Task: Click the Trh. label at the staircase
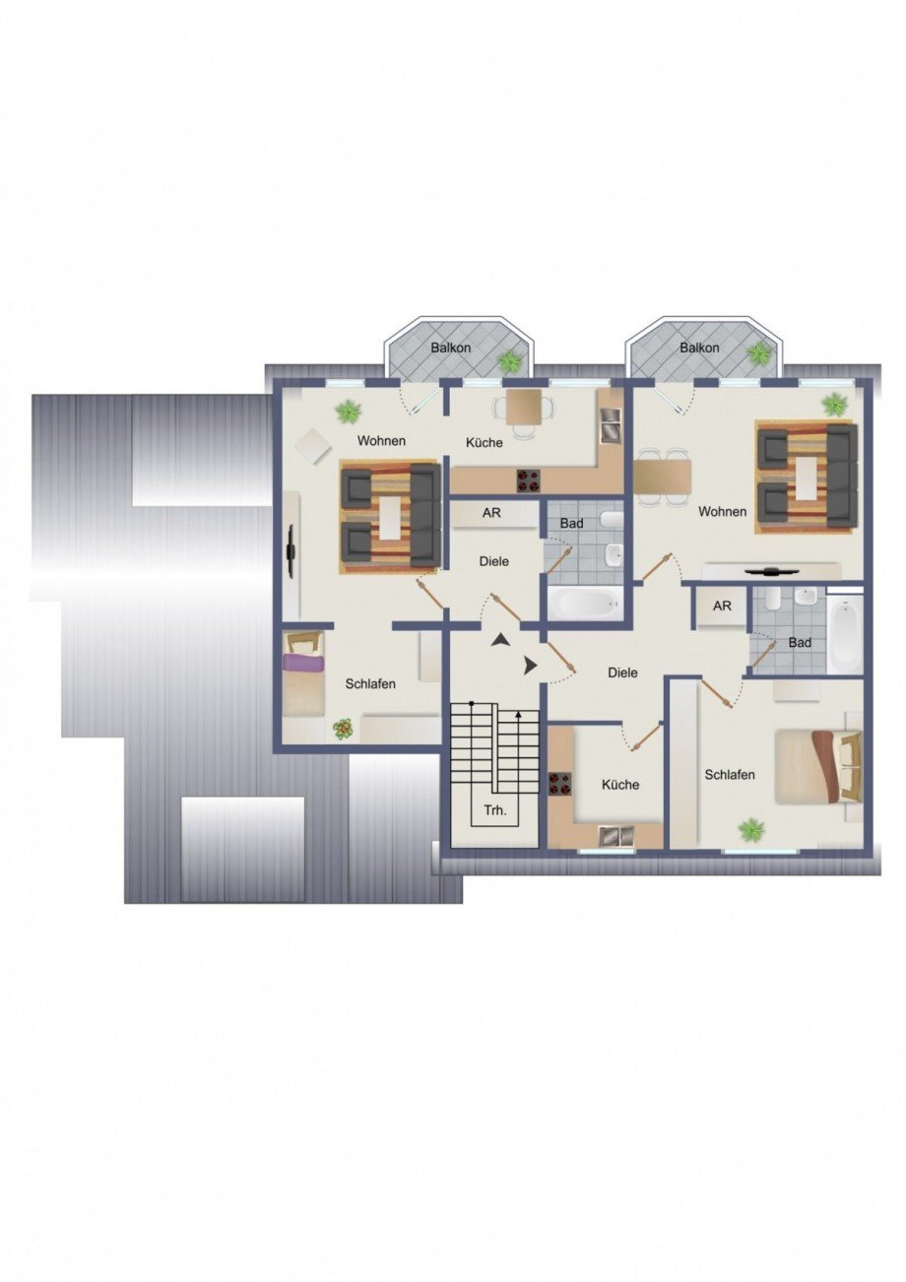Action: click(x=494, y=811)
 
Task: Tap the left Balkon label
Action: click(x=450, y=348)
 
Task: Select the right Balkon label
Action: click(x=699, y=348)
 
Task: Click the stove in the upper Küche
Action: click(x=529, y=481)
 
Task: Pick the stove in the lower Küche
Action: click(x=560, y=784)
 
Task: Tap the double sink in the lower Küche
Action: click(x=616, y=836)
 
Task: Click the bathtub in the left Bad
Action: click(x=585, y=602)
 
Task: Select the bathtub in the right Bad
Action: click(x=844, y=635)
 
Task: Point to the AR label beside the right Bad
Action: click(x=722, y=606)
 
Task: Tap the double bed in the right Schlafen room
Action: click(x=816, y=766)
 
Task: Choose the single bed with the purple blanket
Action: click(x=304, y=676)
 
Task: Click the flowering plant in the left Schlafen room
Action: click(x=342, y=728)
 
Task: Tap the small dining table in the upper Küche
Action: click(x=524, y=405)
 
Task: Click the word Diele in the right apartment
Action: click(x=622, y=673)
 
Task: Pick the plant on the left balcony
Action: click(x=509, y=361)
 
